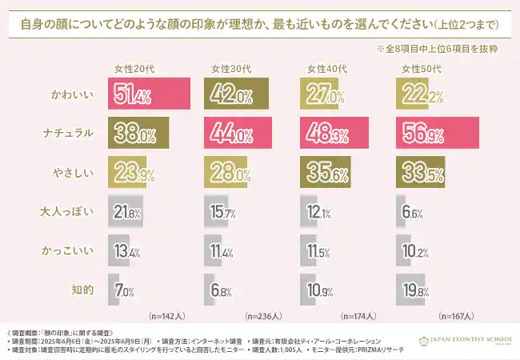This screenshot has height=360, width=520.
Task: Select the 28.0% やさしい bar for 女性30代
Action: point(226,169)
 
